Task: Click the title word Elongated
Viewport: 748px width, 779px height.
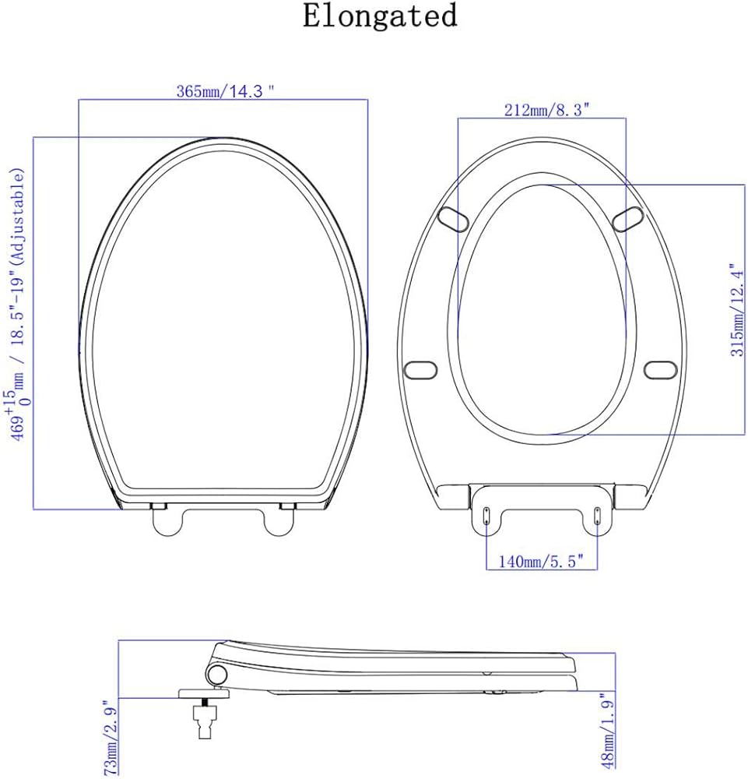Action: click(380, 16)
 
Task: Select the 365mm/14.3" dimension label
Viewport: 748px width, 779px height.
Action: click(225, 91)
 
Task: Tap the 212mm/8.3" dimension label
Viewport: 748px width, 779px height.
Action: click(546, 110)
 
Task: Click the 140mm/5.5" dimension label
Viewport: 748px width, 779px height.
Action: click(541, 562)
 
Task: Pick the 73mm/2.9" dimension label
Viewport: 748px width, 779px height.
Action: click(111, 737)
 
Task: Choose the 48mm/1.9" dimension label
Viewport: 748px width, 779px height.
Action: click(608, 731)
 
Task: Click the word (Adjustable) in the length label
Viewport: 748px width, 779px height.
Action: click(17, 216)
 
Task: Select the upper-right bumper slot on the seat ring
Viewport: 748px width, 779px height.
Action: click(628, 219)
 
